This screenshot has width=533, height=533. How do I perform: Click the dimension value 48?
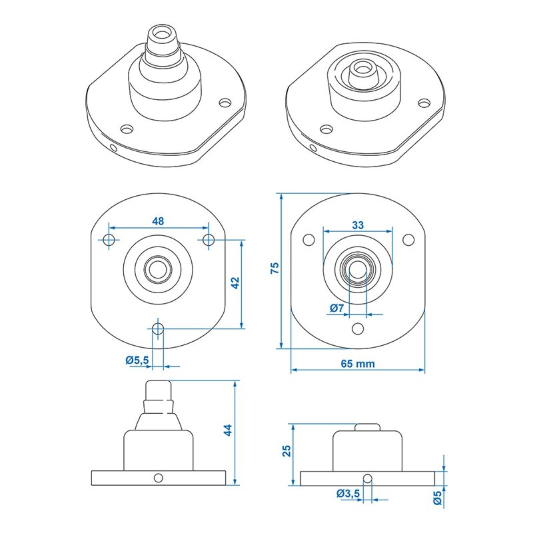coord(158,221)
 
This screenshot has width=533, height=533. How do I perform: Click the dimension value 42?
coord(235,282)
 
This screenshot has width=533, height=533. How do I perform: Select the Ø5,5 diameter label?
coord(137,360)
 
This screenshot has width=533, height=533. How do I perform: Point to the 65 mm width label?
coord(358,364)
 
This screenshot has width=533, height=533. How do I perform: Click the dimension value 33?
coord(358,225)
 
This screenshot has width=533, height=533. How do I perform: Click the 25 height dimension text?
coord(287,451)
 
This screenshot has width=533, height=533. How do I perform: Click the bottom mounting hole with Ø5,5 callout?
coord(158,328)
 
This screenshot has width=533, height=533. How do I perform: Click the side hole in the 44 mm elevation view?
coord(158,478)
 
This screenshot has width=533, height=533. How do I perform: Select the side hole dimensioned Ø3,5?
coord(368,478)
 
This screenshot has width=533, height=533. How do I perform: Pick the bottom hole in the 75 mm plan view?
coord(358,328)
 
